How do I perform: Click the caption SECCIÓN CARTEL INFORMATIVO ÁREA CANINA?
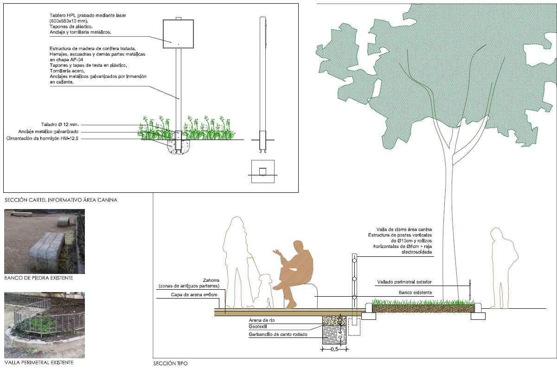tap(60, 200)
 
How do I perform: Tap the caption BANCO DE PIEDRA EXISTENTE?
tap(38, 278)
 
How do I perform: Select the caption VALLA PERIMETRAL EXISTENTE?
tap(39, 362)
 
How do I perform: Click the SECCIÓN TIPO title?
tap(171, 363)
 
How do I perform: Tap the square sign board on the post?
tap(178, 34)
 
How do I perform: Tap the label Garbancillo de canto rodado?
tap(278, 334)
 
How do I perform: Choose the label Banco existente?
tap(415, 293)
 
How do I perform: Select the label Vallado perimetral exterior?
tap(403, 282)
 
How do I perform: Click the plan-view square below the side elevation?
tap(262, 172)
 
